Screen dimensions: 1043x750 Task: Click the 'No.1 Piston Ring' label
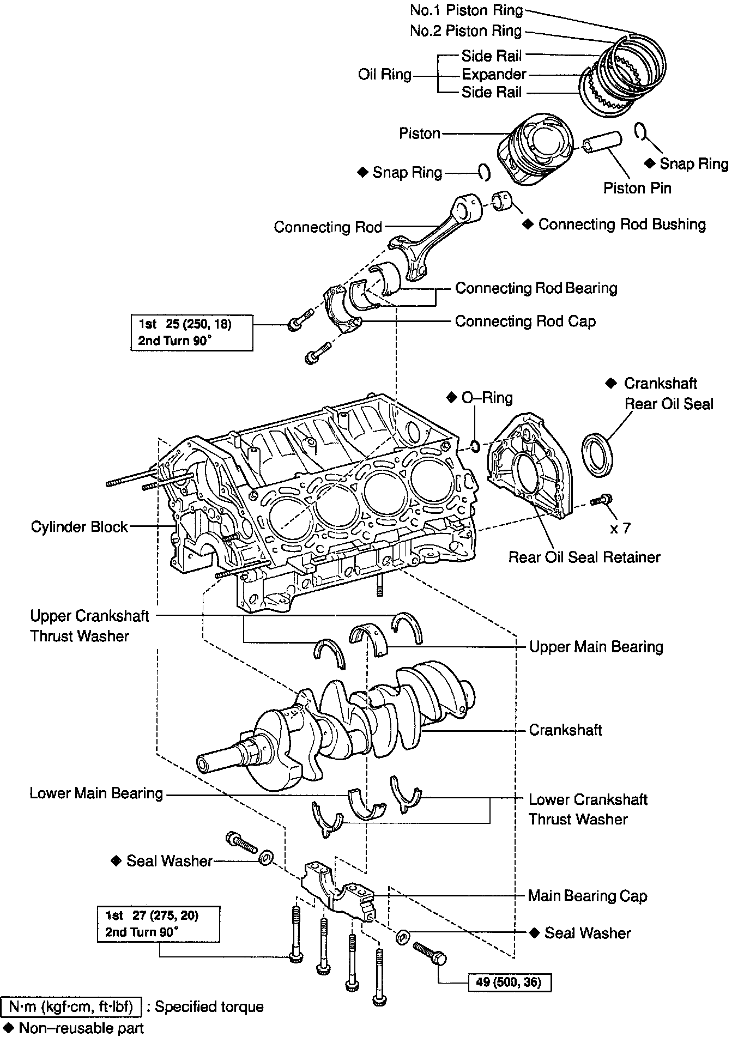coord(466,10)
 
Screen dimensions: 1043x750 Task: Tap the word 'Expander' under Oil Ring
coord(494,74)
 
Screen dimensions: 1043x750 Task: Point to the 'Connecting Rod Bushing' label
coord(621,225)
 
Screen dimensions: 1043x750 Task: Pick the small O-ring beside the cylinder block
coord(475,447)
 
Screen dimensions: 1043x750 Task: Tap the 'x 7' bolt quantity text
coord(620,528)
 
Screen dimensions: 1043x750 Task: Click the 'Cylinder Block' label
coord(79,527)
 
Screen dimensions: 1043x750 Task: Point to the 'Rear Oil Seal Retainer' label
coord(584,557)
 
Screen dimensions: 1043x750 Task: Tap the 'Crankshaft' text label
coord(565,730)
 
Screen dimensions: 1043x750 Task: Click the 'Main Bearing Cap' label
coord(587,896)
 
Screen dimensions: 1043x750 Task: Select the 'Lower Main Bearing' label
coord(96,793)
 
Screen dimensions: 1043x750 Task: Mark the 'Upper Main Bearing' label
coord(596,647)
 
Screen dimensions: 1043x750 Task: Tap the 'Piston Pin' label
coord(637,189)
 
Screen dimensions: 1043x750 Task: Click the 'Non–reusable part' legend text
coord(81,1028)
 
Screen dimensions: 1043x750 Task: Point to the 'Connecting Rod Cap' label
coord(525,322)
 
